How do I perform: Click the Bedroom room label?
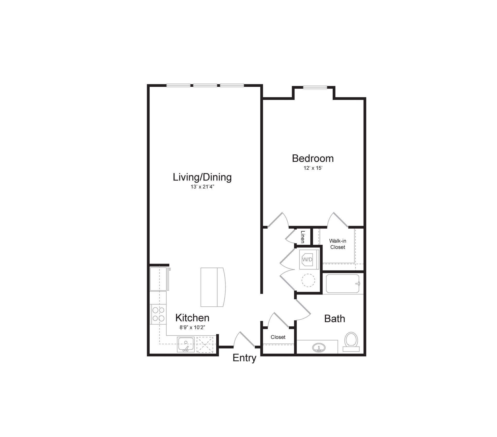(313, 158)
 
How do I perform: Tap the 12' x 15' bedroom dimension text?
(313, 168)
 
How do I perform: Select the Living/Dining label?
(202, 177)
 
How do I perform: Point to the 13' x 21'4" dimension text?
(202, 187)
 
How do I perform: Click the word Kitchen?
(192, 318)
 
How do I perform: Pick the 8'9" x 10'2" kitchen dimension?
(192, 327)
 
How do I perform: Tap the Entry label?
(244, 358)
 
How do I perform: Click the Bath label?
(334, 319)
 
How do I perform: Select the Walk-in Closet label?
(338, 244)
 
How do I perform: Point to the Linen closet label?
(302, 237)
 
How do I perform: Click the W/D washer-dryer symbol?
(307, 259)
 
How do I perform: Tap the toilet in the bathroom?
(351, 341)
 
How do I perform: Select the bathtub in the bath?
(342, 284)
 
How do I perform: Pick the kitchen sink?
(186, 344)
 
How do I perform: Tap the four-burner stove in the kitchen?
(158, 314)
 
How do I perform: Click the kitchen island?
(213, 287)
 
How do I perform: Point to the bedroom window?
(315, 87)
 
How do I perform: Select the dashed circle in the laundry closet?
(308, 280)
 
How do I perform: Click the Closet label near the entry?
(278, 337)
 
